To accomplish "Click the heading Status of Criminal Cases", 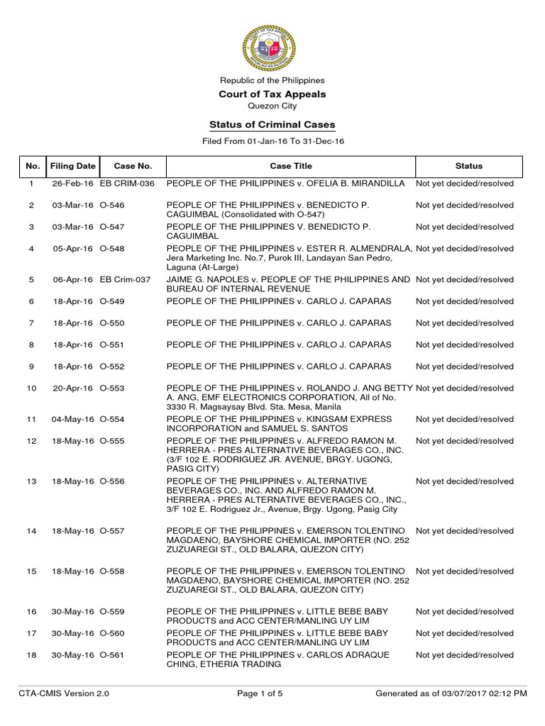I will [x=272, y=125].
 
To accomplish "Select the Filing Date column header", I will [x=72, y=166].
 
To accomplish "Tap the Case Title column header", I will [x=290, y=166].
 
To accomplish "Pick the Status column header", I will [x=468, y=166].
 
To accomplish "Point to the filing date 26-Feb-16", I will [x=72, y=184].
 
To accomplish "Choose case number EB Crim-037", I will [x=126, y=280].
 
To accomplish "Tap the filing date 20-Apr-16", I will [x=72, y=389].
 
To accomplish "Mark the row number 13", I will [x=31, y=482].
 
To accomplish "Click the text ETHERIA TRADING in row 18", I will [x=241, y=665].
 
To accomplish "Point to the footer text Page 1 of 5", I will [x=260, y=694].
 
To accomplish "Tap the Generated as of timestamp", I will [x=451, y=694].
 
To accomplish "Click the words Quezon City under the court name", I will [x=272, y=106].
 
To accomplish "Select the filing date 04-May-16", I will [x=72, y=420].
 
